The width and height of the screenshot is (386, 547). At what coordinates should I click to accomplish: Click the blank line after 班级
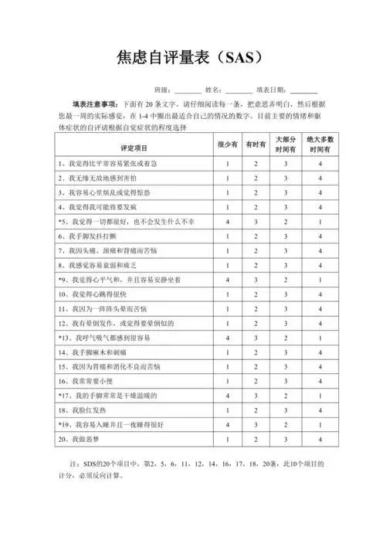point(188,91)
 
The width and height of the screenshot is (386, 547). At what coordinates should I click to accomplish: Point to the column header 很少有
point(228,145)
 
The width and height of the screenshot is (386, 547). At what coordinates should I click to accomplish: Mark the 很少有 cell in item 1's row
point(228,164)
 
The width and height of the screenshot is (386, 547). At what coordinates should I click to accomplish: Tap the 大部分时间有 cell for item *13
point(286,338)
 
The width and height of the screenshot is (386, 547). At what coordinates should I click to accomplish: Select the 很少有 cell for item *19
point(228,424)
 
